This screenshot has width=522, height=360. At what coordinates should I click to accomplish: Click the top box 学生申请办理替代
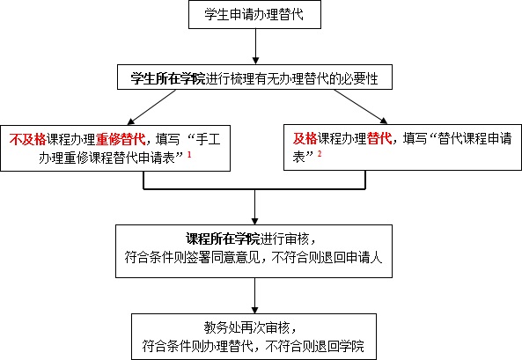[254, 15]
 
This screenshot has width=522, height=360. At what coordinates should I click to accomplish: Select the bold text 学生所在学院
[167, 78]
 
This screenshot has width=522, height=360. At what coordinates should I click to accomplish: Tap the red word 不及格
[27, 139]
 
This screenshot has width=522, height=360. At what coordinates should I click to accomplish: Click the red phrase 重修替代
[121, 139]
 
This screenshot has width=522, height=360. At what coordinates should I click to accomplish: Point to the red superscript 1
[189, 154]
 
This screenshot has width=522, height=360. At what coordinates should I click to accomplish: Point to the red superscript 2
[320, 153]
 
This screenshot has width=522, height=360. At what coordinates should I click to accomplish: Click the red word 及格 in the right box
[305, 138]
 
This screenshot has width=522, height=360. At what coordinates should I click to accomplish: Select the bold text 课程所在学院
[223, 239]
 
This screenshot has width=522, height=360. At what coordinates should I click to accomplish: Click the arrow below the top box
[255, 47]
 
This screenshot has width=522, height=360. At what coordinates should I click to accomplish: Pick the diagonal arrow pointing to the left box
[151, 107]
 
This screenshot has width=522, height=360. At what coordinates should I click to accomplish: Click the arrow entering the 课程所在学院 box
[254, 207]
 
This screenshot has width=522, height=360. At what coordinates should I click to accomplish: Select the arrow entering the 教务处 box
[254, 296]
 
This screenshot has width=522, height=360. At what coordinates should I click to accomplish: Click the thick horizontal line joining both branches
[254, 189]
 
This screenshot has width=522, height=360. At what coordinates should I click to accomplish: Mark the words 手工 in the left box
[208, 139]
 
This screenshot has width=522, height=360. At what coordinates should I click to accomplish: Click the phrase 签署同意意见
[223, 257]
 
